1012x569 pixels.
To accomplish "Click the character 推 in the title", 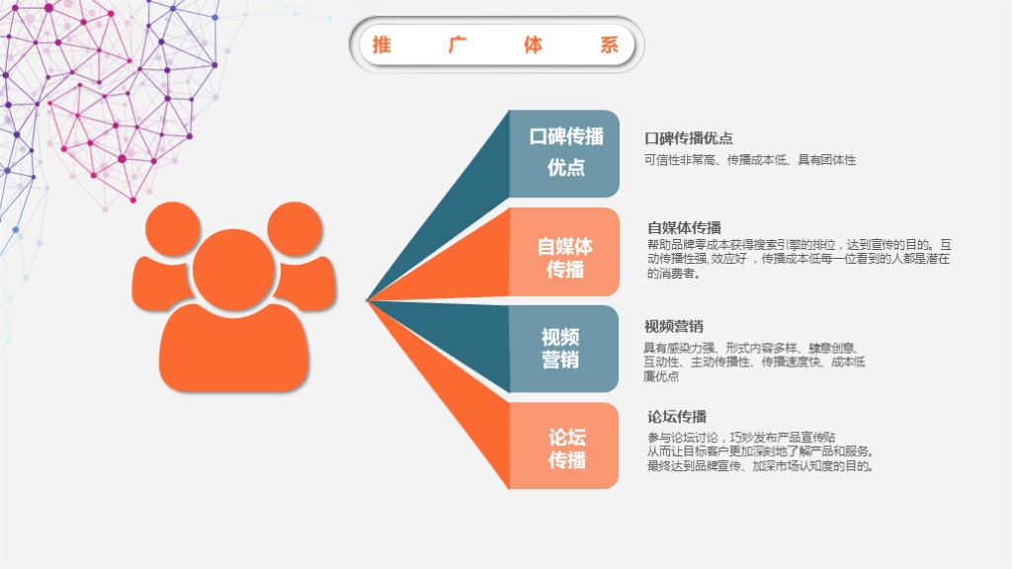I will point(380,44).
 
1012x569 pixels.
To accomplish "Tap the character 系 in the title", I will point(609,44).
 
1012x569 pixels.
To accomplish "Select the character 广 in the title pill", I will point(457,44).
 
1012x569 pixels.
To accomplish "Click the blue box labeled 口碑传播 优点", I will point(564,152).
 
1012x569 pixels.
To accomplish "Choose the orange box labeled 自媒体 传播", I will point(564,252).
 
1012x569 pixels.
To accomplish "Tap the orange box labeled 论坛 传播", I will point(564,446).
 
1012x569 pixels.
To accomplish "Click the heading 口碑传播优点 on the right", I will point(689,138).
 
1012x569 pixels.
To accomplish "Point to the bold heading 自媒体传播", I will point(684,227).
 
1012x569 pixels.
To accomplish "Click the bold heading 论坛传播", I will point(677,417).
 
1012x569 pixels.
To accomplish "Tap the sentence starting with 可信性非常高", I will point(750,159).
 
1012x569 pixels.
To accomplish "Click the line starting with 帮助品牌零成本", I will point(800,244).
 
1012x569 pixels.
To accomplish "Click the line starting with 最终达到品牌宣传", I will point(760,466).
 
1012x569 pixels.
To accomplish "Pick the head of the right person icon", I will point(295,230).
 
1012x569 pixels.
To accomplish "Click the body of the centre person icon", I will point(233,346).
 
